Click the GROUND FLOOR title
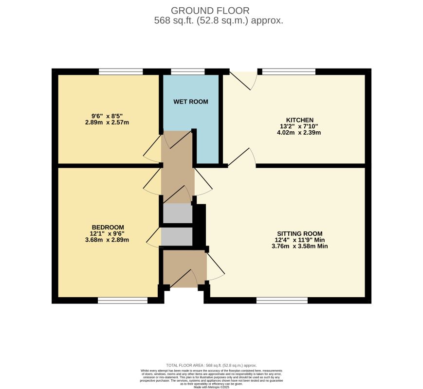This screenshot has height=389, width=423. coord(210,10)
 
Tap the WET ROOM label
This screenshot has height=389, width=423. coord(191,102)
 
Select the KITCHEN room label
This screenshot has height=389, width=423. coord(300,120)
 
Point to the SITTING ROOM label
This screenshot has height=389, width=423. coord(300,233)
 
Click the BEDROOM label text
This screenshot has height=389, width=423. coord(108,227)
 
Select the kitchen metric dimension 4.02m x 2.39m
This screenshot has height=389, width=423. coord(300,132)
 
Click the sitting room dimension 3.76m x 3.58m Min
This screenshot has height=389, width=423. coord(300,246)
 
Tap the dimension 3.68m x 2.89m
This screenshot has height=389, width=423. coord(108,240)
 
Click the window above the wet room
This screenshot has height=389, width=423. coord(188,71)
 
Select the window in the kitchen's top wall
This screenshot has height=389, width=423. coord(289,71)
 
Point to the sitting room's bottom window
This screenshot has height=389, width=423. coord(282,301)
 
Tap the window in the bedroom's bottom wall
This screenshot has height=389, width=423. coord(122,301)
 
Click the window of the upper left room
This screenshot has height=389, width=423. coord(121,71)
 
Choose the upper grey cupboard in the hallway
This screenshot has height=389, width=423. coord(177,213)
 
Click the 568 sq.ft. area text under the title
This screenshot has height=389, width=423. coord(219,21)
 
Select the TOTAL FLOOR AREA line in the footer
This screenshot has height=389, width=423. coord(211,365)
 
